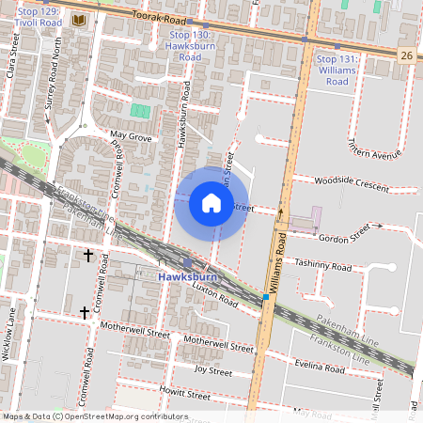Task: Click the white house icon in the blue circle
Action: point(211,203)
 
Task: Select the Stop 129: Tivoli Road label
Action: point(33,16)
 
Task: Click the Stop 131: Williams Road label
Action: point(336,70)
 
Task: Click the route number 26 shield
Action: point(406,55)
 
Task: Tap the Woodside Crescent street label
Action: point(351,183)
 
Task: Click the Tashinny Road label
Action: point(322,267)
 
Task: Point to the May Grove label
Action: point(131,136)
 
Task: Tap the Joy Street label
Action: point(212,371)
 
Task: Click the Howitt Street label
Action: point(183,389)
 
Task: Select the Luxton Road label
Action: point(215,298)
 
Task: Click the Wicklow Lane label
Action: point(12,335)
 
